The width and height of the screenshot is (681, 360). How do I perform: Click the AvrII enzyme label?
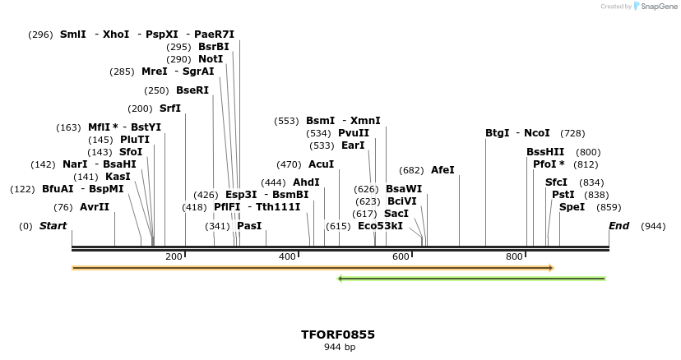pos(95,207)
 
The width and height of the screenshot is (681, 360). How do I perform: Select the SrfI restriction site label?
pos(170,108)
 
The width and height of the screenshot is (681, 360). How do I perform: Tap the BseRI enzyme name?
pos(192,90)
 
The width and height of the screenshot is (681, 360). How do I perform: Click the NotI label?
pos(211,59)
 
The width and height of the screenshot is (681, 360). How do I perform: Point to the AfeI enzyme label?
pos(442,170)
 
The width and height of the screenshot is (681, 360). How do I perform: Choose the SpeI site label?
pos(572,207)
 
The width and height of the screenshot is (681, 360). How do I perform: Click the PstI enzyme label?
pos(563,195)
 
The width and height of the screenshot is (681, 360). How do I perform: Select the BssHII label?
pos(545,152)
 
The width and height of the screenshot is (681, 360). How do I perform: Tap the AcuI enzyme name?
pos(322,164)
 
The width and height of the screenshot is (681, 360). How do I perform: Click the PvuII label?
pos(354,133)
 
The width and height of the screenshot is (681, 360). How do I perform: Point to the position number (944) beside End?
pos(653,226)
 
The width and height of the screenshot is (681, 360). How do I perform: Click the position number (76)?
pos(63,207)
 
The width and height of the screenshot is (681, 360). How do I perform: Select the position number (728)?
pos(572,133)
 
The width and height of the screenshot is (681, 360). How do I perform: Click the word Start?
pos(53,226)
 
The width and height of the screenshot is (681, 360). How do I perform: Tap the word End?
pos(618,226)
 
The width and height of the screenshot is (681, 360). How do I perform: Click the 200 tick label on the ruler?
pos(174,257)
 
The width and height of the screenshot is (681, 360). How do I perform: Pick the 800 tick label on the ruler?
pos(514,257)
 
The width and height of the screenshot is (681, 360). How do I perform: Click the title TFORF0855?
pos(338,335)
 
